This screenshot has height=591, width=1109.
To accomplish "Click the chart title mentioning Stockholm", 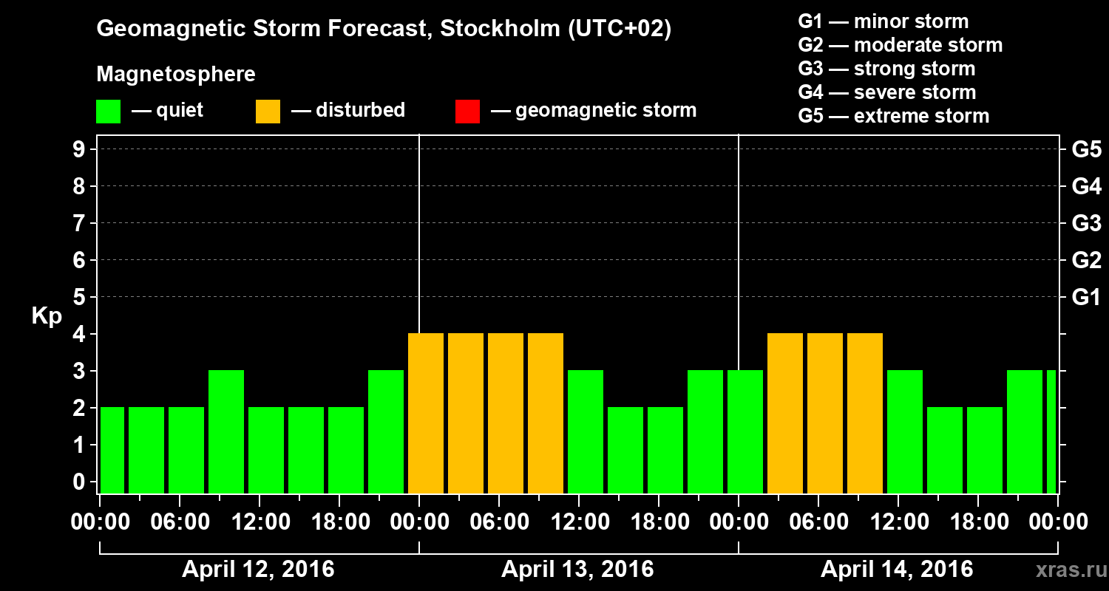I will pos(384,30).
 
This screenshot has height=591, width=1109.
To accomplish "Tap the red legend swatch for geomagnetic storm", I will pos(467,111).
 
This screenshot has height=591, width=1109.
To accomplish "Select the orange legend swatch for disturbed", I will pos(268,111).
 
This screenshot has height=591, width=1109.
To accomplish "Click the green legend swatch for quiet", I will pos(108,111).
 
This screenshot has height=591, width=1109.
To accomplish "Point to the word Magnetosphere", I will pos(176,75).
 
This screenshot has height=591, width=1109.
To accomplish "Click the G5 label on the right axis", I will pos(1086,150).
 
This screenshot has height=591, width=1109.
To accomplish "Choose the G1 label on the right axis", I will pos(1086,298).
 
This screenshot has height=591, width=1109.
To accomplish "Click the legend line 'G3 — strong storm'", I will pos(886,69).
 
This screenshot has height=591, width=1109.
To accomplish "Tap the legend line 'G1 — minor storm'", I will pos(883,21).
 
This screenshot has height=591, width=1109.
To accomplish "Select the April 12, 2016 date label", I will pos(258,570).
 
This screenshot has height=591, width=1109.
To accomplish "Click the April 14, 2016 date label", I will pos(897,570).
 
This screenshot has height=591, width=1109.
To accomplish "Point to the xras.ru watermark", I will pos(1066,570).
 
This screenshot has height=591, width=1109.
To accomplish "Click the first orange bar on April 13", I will pos(426,414).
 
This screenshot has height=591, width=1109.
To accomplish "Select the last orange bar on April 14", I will pos(865,414).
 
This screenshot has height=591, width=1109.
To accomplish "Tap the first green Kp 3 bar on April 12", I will pos(226,432).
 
